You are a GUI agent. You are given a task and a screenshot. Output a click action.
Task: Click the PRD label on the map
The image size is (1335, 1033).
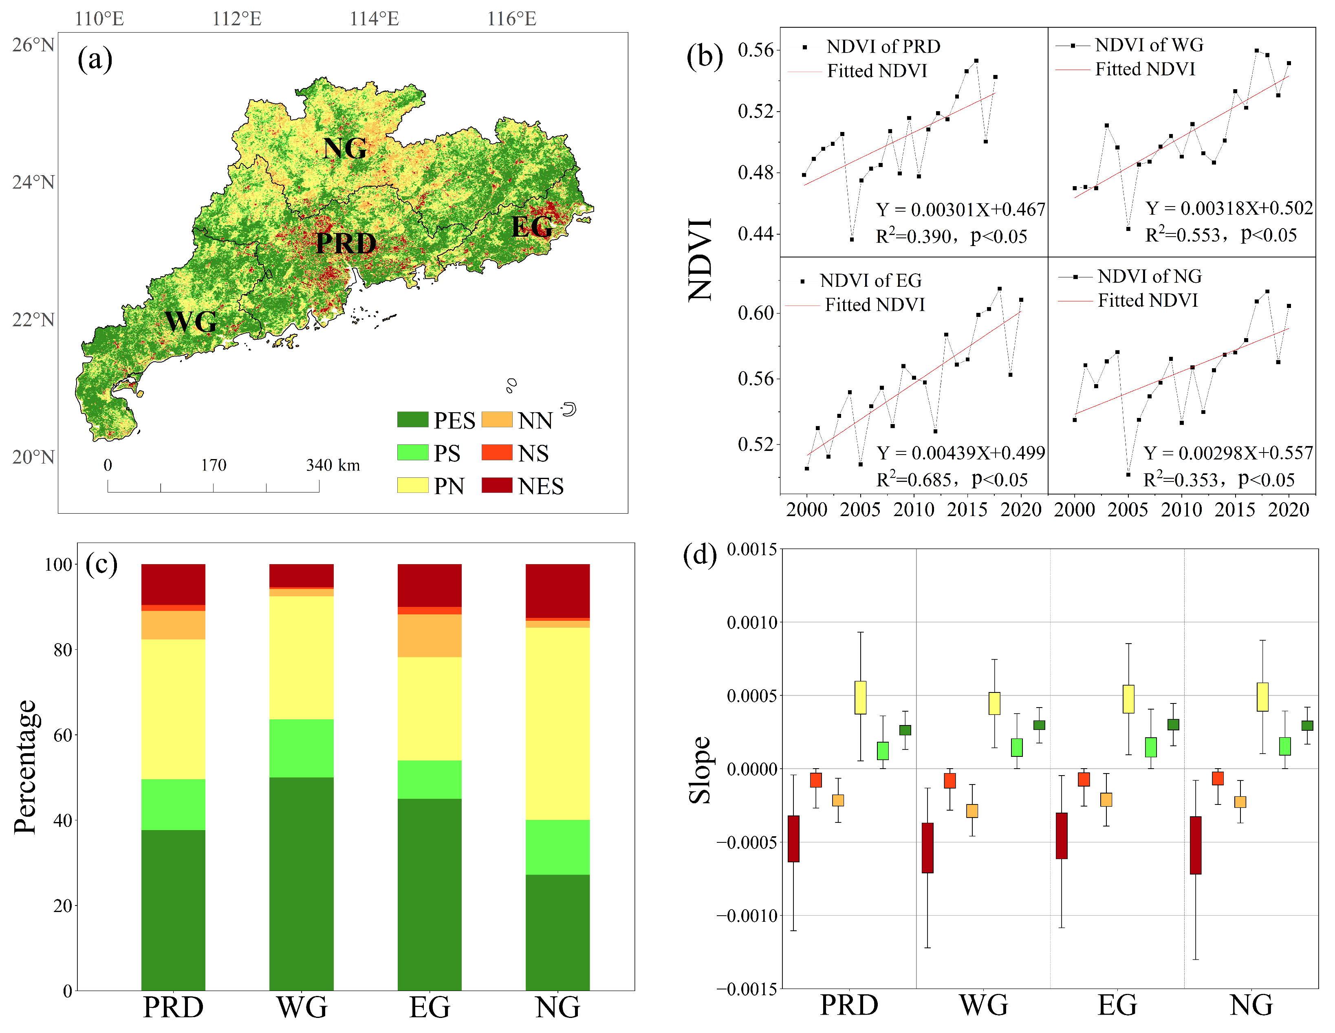tap(346, 244)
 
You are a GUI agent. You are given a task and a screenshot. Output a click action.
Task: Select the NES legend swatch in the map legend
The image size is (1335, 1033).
tap(496, 485)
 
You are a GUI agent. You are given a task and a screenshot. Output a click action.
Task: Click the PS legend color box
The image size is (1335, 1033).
tap(412, 453)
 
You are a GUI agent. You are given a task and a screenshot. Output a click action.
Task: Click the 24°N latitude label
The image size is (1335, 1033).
tap(33, 182)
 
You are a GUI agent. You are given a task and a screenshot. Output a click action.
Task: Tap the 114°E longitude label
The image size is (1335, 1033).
tap(374, 19)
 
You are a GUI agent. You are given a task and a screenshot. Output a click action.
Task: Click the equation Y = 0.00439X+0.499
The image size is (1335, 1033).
tap(960, 453)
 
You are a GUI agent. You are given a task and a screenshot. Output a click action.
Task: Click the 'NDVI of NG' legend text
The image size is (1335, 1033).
tap(1149, 277)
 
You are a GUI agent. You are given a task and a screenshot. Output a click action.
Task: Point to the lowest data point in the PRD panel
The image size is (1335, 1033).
tap(852, 240)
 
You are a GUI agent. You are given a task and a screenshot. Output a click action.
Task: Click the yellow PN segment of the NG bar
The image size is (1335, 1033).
tap(557, 723)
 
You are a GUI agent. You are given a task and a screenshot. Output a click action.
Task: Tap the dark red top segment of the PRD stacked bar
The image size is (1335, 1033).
tap(173, 584)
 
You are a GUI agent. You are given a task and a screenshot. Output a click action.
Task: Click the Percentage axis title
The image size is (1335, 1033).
tap(26, 767)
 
